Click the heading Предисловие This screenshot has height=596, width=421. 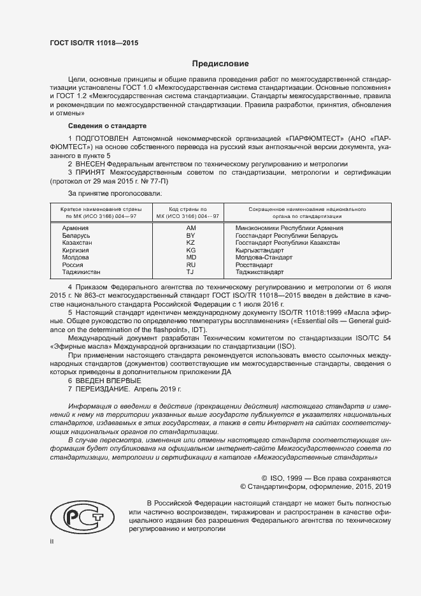[x=221, y=64]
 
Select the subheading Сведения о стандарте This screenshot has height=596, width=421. [x=107, y=126]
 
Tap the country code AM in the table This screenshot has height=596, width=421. [x=190, y=228]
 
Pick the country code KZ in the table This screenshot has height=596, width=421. [x=190, y=243]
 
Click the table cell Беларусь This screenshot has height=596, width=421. [x=76, y=235]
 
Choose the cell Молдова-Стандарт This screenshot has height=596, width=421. [x=264, y=258]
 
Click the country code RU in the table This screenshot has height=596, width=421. [x=190, y=265]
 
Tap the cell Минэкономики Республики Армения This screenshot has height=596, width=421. [x=289, y=228]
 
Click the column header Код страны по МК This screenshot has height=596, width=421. [x=190, y=212]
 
